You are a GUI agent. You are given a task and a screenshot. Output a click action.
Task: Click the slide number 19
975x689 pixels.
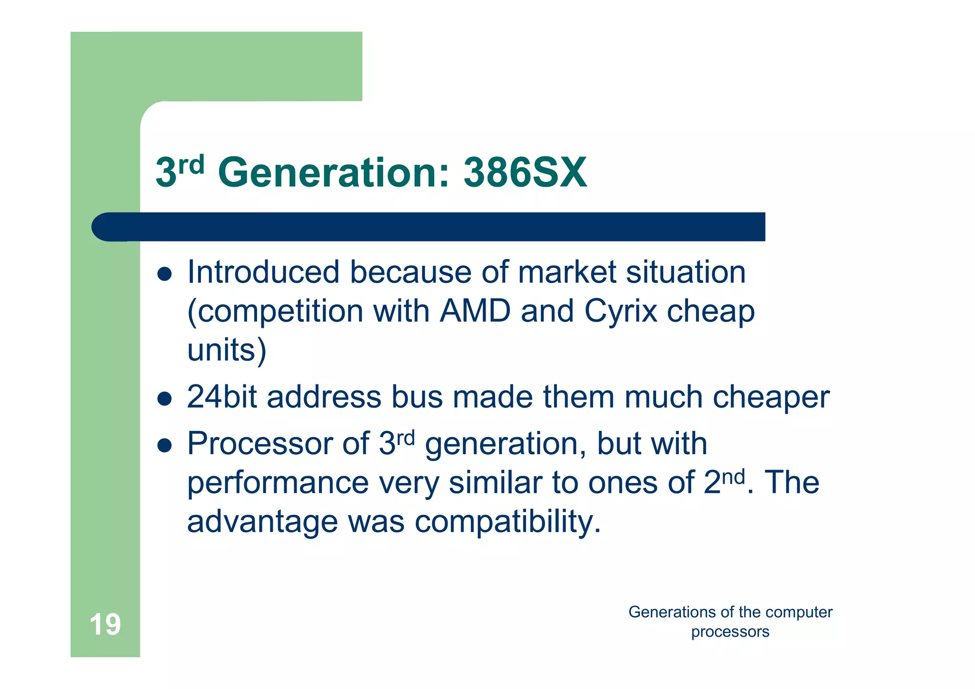coord(105,625)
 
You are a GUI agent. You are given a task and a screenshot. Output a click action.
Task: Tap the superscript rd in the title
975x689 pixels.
coord(191,165)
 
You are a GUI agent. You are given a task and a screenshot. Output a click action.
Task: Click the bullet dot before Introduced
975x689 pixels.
coord(164,274)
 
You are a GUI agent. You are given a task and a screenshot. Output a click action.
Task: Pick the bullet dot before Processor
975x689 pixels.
coord(164,446)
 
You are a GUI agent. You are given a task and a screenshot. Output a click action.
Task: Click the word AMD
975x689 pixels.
coord(475,311)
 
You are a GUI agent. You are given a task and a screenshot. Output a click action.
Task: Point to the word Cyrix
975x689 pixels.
coord(620,312)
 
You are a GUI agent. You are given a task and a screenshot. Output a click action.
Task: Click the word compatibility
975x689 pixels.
coord(508,522)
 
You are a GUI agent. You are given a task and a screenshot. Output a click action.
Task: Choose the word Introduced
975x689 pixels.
coord(263,272)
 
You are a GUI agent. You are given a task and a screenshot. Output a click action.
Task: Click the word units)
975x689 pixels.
coord(227,350)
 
